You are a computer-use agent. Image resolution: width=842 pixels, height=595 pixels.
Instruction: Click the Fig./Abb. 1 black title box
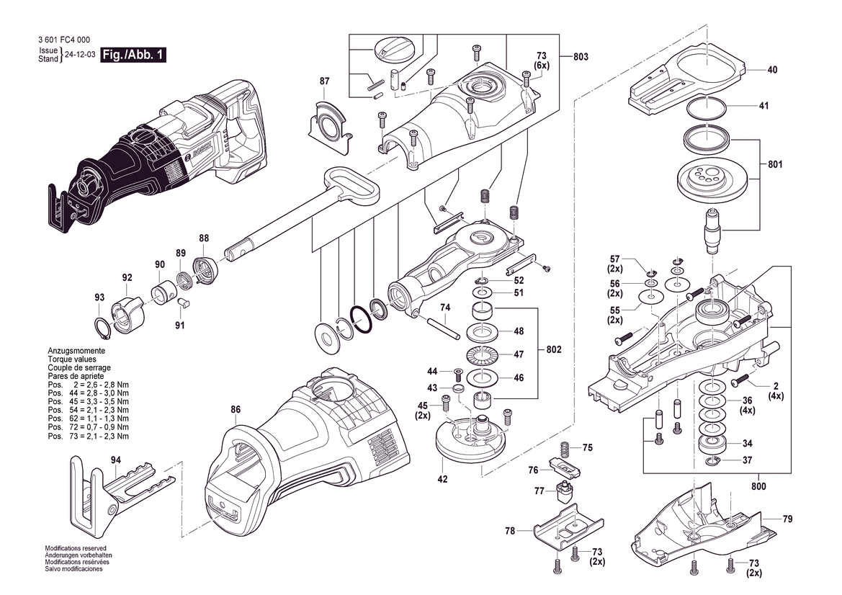click(133, 55)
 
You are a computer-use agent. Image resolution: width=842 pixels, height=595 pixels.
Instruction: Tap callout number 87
click(324, 81)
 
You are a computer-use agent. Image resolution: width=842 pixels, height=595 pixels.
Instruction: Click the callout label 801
click(775, 164)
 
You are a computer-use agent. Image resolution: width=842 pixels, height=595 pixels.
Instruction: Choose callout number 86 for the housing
click(236, 410)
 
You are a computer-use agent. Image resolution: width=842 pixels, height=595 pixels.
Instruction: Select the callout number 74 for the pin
click(445, 308)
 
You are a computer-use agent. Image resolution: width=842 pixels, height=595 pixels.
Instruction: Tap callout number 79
click(787, 519)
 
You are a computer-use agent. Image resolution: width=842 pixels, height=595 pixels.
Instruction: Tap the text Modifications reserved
click(76, 548)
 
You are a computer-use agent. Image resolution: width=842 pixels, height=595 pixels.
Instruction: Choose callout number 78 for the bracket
click(510, 531)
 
